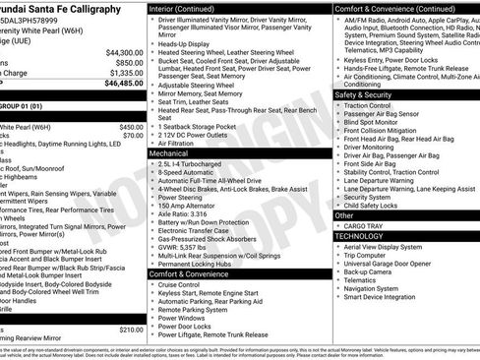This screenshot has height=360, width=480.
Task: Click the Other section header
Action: pos(344,214)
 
